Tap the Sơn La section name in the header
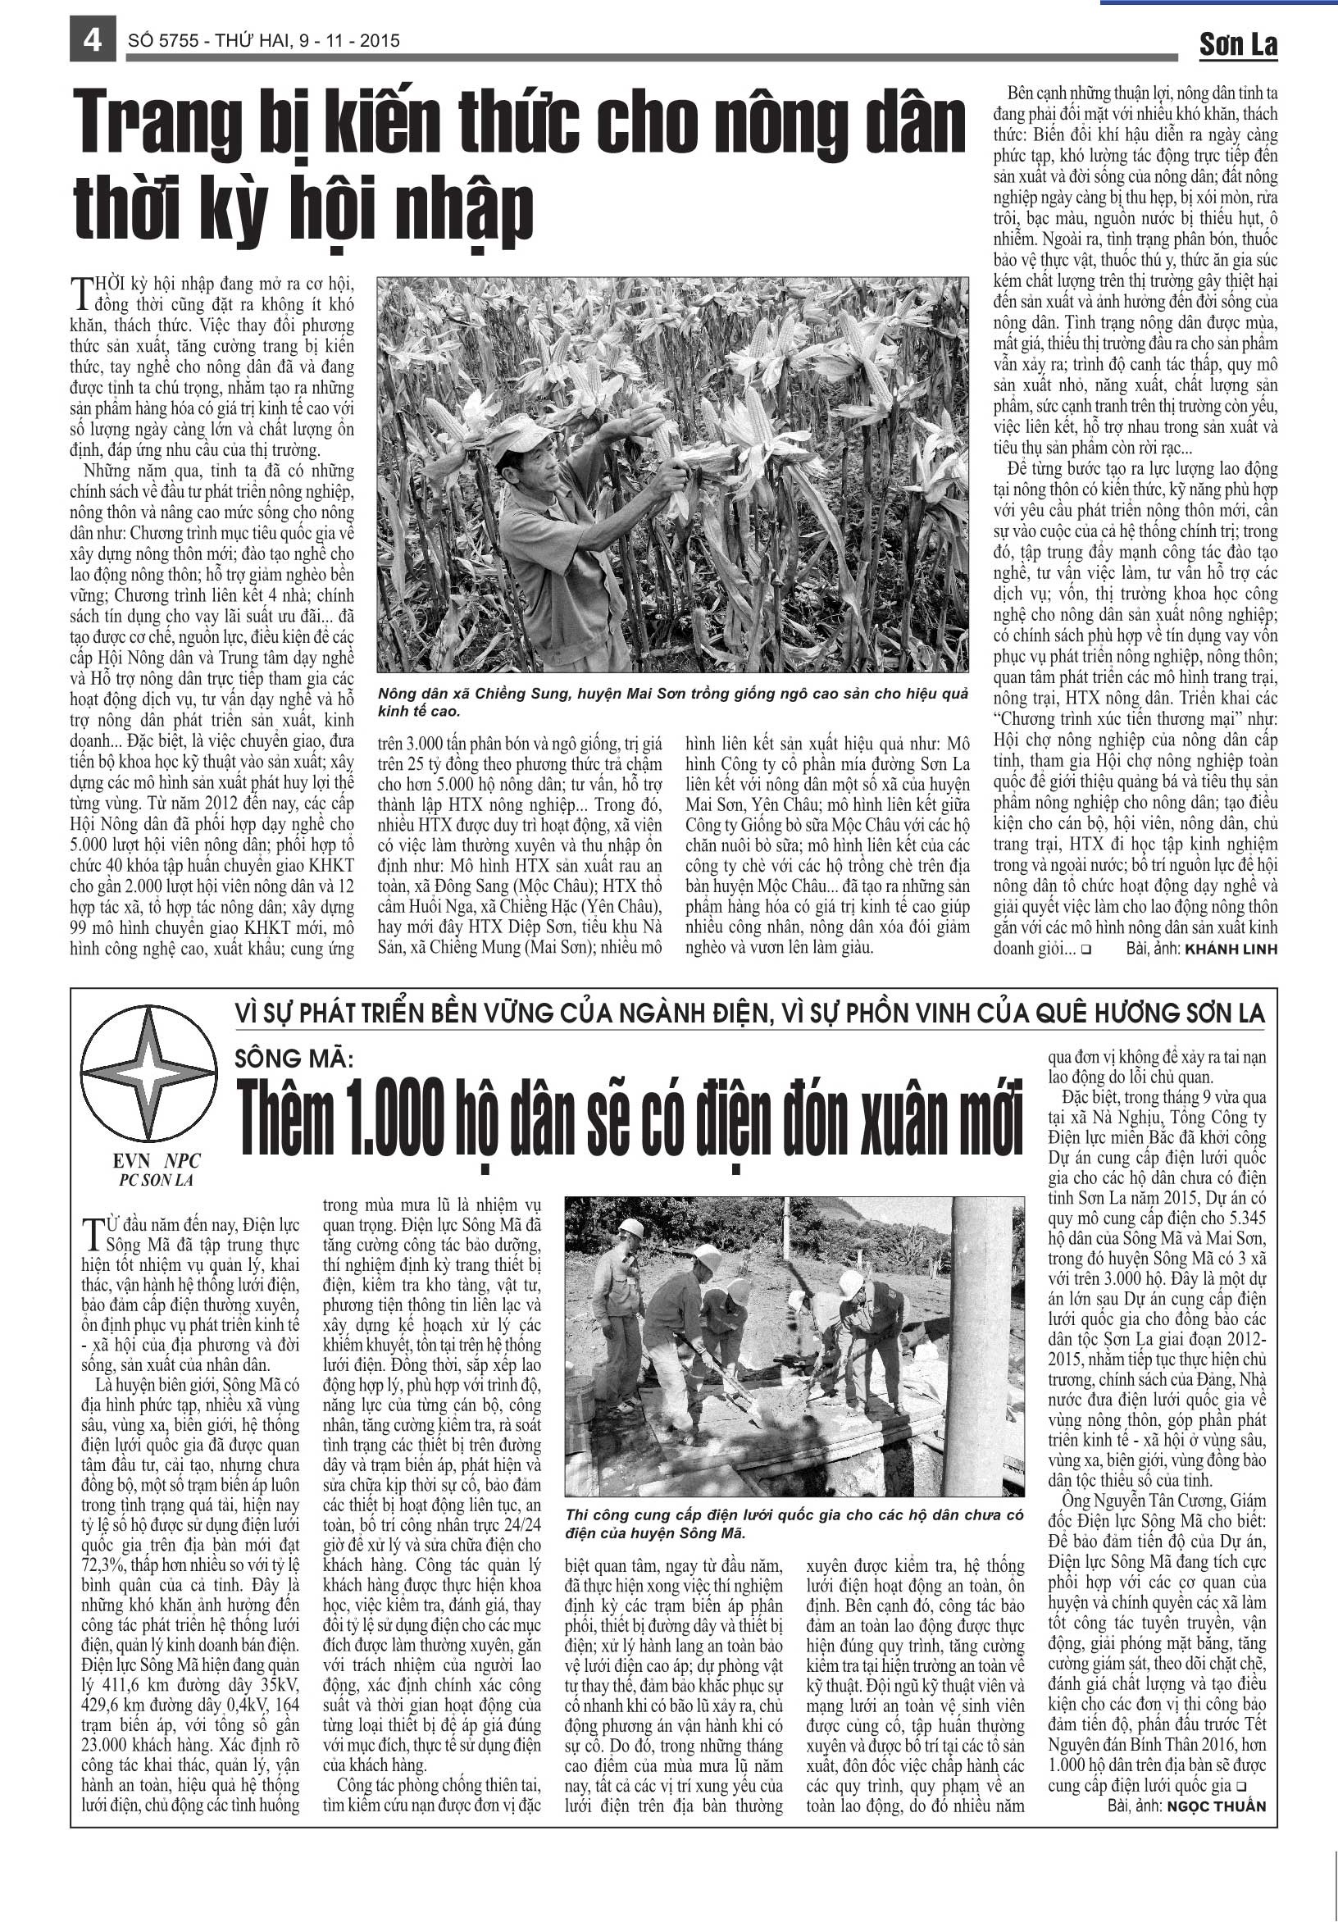(x=1238, y=44)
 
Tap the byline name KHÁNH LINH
(x=1231, y=950)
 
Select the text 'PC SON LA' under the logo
(x=157, y=1180)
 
